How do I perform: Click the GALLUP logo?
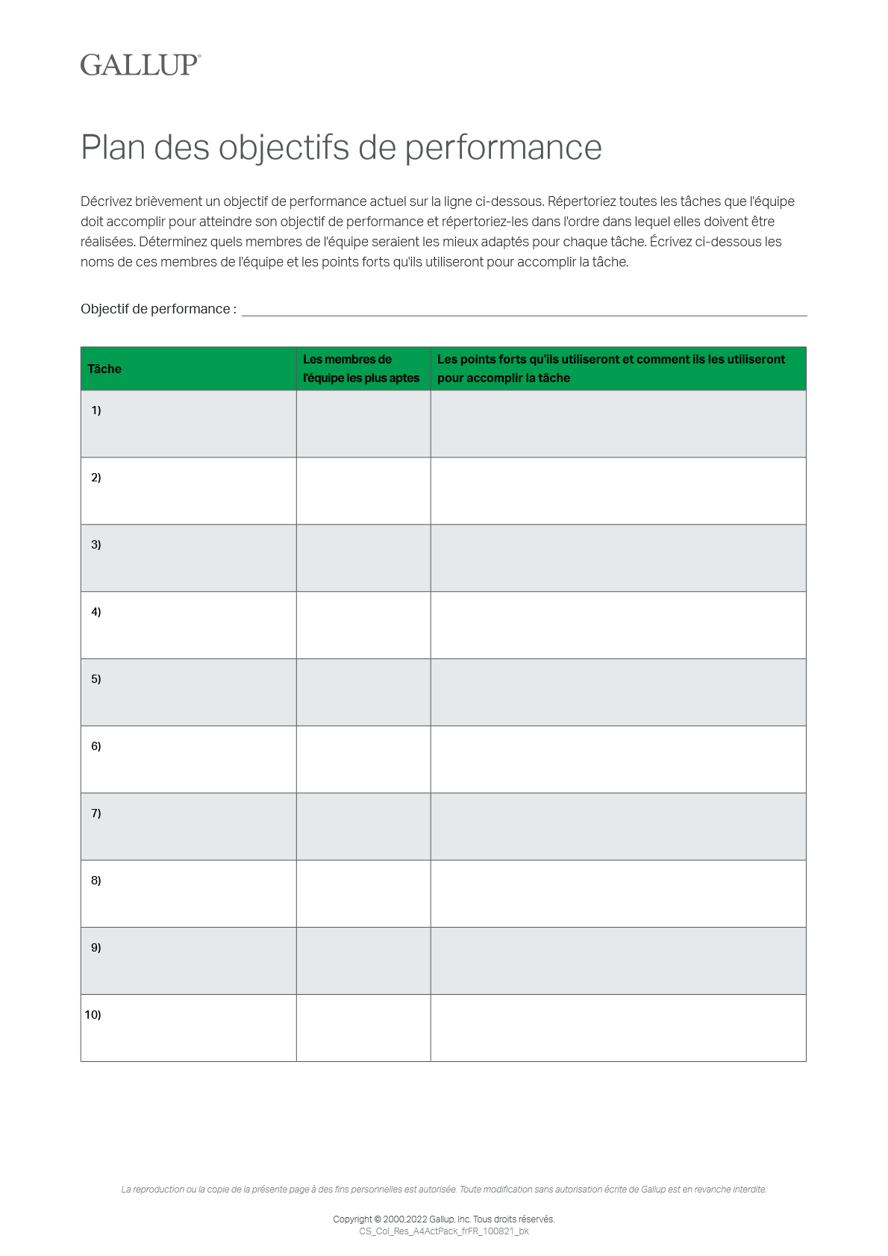[x=140, y=65]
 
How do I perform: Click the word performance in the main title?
[x=503, y=148]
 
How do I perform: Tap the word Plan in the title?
[x=113, y=148]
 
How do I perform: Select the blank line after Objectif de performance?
[x=524, y=310]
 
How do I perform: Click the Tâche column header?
[x=104, y=369]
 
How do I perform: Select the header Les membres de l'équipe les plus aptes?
[x=361, y=369]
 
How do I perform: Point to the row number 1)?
[x=96, y=410]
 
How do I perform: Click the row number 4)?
[x=96, y=612]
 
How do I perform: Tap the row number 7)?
[x=96, y=813]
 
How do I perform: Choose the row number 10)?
[x=93, y=1015]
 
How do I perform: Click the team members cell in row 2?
[x=363, y=491]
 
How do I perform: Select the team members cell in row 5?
[x=363, y=693]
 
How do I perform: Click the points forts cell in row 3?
[x=618, y=558]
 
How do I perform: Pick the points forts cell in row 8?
[x=618, y=894]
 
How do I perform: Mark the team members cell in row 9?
[x=363, y=961]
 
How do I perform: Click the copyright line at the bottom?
[x=444, y=1219]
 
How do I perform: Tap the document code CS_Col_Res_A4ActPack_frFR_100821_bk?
[x=444, y=1231]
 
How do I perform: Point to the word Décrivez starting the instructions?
[x=106, y=201]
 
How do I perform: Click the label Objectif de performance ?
[x=158, y=309]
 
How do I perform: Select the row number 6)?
[x=96, y=746]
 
